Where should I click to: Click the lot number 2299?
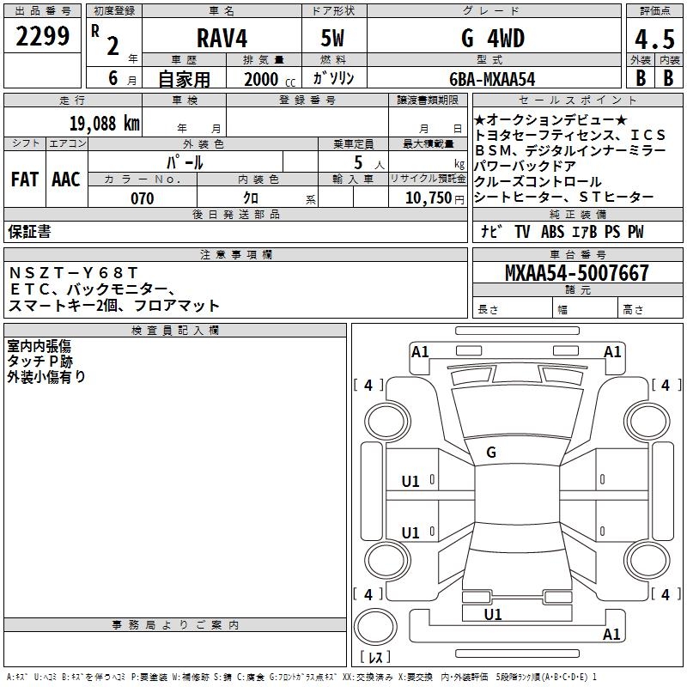click(x=44, y=38)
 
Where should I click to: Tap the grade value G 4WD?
click(x=492, y=39)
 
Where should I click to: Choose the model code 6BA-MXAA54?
click(x=492, y=78)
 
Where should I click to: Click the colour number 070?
click(x=142, y=198)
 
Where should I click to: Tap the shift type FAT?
click(x=25, y=179)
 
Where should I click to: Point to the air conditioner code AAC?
click(x=66, y=179)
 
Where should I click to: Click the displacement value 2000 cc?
click(x=270, y=79)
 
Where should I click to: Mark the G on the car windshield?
click(x=491, y=453)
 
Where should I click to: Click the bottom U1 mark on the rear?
click(x=492, y=615)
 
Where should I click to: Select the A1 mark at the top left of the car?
click(x=420, y=351)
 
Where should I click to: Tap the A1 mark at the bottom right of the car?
click(x=612, y=635)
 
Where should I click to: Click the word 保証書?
click(x=29, y=232)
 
